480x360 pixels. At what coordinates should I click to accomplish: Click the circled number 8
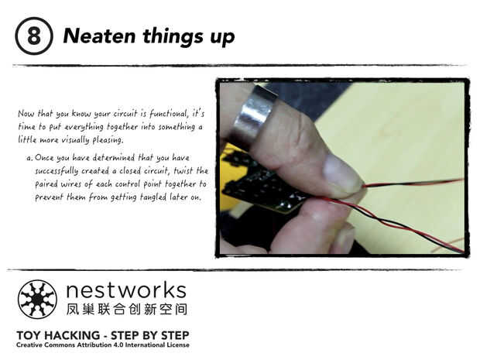pos(33,36)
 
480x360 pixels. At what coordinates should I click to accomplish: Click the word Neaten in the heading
pos(99,36)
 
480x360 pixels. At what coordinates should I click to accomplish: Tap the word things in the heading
pos(173,36)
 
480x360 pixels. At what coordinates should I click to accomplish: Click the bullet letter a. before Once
pos(29,158)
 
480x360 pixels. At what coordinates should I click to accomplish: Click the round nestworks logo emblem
pos(37,300)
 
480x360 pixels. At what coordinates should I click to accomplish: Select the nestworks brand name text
pos(126,290)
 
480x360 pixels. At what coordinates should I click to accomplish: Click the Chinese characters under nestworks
pos(126,309)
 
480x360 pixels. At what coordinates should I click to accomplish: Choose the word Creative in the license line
pos(29,345)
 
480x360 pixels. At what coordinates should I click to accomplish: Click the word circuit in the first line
pos(125,114)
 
